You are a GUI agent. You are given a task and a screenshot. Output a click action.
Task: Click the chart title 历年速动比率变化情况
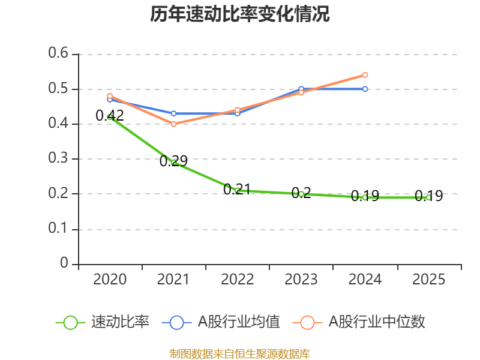[x=240, y=14]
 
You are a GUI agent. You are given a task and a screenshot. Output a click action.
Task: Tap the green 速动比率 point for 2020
[x=110, y=117]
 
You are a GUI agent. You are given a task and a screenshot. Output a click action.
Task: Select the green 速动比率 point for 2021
[x=174, y=163]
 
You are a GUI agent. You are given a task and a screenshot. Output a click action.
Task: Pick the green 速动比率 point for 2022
[x=237, y=190]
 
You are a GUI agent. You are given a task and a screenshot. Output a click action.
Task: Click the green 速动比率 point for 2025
[x=428, y=197]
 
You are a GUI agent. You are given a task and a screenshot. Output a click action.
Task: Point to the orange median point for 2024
[x=365, y=75]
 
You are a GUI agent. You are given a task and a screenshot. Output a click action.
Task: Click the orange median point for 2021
[x=173, y=124]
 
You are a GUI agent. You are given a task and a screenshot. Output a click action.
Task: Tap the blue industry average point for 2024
[x=365, y=89]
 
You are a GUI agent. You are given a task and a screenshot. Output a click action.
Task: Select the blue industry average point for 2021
[x=173, y=113]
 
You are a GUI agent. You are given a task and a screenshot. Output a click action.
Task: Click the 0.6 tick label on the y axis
[x=60, y=54]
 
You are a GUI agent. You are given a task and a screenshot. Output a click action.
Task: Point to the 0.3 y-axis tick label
[x=60, y=159]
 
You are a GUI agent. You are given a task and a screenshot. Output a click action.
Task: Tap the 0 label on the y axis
[x=65, y=264]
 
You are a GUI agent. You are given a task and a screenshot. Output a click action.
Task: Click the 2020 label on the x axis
[x=110, y=280]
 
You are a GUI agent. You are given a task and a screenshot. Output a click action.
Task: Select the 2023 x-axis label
[x=301, y=280]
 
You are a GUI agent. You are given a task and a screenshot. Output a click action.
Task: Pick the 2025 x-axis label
[x=428, y=280]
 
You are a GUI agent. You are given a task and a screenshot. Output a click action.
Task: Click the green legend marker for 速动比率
[x=70, y=322]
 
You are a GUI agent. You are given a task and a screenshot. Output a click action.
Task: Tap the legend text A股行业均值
[x=239, y=322]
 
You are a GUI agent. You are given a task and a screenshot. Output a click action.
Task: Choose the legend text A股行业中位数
[x=376, y=322]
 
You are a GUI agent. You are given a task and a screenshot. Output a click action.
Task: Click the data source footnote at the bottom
[x=240, y=353]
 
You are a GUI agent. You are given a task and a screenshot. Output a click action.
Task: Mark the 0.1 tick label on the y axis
[x=60, y=229]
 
